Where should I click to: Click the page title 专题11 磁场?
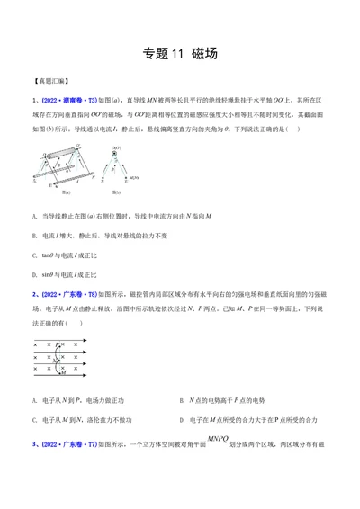point(180,53)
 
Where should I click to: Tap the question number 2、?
point(33,294)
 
